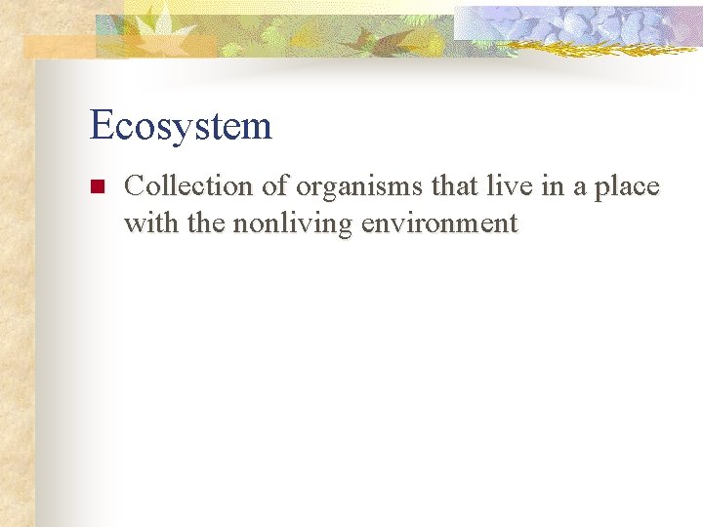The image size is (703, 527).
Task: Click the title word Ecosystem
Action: coord(181,126)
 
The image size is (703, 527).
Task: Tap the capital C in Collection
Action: coord(135,185)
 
